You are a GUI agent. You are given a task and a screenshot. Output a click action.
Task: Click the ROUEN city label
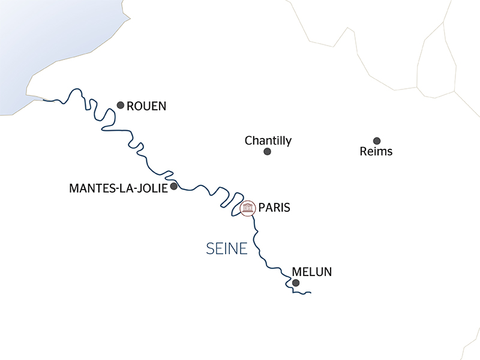[x=147, y=106]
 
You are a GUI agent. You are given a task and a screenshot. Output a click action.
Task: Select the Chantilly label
[x=268, y=141]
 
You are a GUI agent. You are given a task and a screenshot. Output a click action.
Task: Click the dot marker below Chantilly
[x=268, y=152]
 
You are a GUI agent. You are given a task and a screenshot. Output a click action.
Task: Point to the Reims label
[x=376, y=152]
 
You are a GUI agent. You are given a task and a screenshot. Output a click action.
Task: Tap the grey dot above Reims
[x=377, y=140]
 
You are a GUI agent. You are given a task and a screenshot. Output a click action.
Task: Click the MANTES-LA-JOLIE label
[x=118, y=188]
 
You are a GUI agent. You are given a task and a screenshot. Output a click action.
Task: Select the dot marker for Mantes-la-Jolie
[x=174, y=187]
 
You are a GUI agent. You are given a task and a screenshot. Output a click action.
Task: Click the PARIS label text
[x=275, y=208]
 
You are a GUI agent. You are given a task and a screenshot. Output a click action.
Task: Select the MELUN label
[x=311, y=272]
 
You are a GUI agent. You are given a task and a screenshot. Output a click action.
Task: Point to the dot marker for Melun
[x=295, y=282]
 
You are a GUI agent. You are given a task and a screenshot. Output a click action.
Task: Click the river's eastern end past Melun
[x=310, y=293]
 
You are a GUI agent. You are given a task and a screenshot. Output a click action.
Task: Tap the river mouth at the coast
[x=45, y=100]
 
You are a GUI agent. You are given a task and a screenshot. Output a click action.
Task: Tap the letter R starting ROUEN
[x=131, y=106]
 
